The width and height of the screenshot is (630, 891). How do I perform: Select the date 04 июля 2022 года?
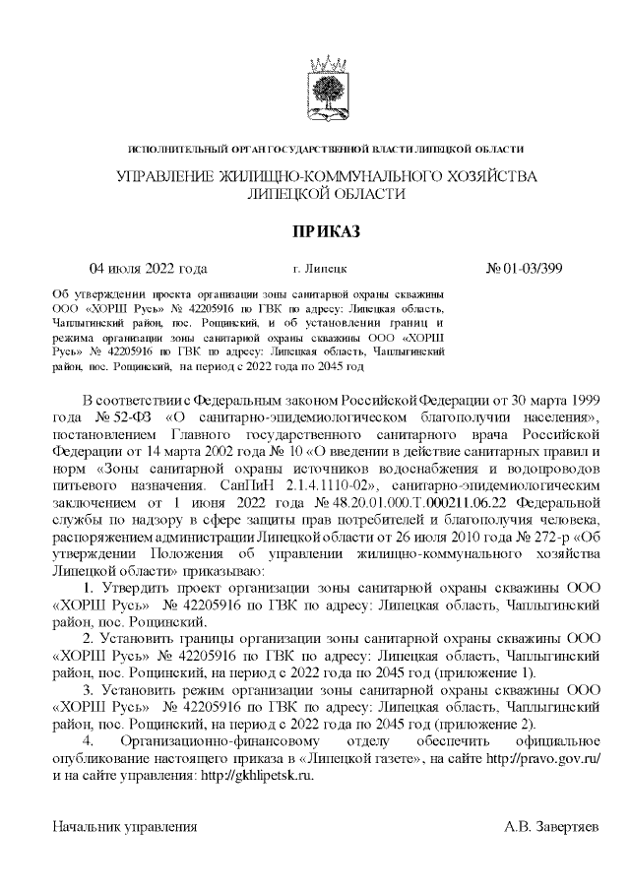pos(149,268)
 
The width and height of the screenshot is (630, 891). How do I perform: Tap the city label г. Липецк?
pos(320,269)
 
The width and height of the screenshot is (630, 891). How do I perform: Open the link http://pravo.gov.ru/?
pos(538,758)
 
